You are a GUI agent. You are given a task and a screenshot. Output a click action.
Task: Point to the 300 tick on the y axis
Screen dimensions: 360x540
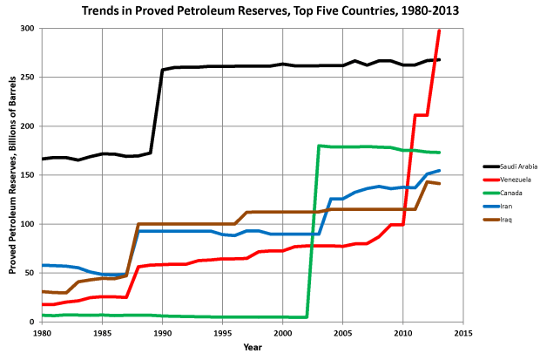[x=29, y=29]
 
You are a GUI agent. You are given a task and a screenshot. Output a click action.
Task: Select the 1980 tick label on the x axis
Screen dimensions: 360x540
[x=42, y=333]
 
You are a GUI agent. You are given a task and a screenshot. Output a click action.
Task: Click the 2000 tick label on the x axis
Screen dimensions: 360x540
[x=282, y=333]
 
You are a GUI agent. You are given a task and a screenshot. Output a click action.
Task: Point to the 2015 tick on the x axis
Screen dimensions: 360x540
[x=462, y=333]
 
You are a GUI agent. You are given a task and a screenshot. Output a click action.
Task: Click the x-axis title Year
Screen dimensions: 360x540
[x=252, y=347]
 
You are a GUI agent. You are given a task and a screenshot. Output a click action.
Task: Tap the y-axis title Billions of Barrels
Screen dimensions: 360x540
[x=13, y=174]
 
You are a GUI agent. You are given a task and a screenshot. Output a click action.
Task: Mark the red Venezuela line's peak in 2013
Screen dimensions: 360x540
[x=439, y=31]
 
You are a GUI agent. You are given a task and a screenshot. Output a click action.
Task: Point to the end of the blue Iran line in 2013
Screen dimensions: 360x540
[x=439, y=171]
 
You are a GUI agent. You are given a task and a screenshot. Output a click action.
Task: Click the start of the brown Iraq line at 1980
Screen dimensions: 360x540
[x=42, y=291]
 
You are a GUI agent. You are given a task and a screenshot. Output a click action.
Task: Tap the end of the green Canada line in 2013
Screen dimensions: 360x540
[x=439, y=153]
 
